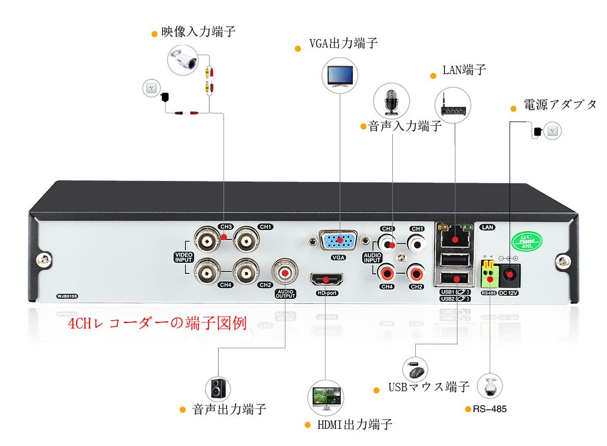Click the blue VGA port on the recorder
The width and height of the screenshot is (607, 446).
point(339,241)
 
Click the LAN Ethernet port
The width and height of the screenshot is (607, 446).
point(455,239)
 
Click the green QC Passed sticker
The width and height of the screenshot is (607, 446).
point(527,242)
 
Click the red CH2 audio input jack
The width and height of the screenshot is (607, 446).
point(416,272)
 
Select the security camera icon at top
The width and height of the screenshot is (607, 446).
point(183,59)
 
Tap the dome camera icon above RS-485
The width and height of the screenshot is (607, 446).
point(490,387)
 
